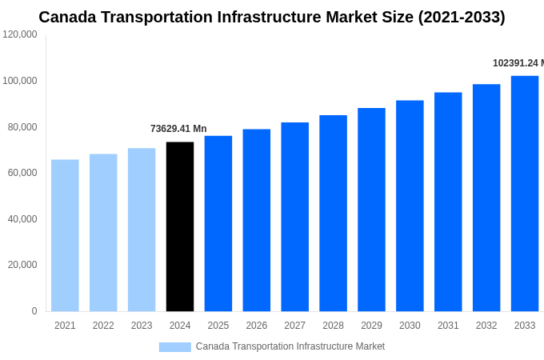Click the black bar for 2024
180,226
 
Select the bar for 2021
65,235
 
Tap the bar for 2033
525,194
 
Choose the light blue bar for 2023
142,230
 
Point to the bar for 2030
410,206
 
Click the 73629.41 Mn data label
178,129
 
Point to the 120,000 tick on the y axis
20,34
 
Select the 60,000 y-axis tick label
22,173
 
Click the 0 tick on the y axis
34,311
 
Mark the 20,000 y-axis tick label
22,265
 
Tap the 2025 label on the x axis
218,326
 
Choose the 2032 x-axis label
486,326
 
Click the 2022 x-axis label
103,326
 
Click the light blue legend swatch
174,346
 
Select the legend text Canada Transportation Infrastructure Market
290,346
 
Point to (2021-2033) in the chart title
462,17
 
